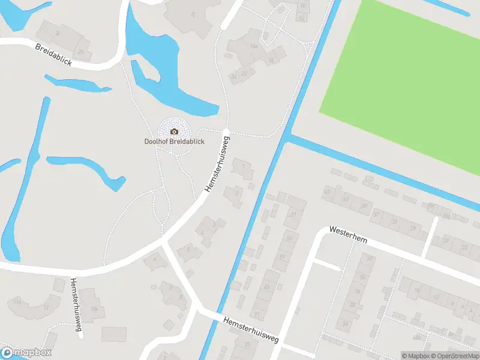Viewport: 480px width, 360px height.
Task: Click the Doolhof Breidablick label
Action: (175, 142)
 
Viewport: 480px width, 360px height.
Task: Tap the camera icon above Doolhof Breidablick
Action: (175, 131)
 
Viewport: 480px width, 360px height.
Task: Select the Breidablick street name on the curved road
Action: (53, 55)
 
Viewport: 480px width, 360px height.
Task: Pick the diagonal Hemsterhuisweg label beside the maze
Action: (217, 164)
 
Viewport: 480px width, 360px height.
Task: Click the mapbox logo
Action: (26, 353)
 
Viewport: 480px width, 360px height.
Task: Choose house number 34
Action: (346, 325)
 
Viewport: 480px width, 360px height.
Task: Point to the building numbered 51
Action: (293, 214)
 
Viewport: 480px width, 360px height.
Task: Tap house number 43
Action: (327, 192)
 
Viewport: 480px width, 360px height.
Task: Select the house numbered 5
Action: (189, 248)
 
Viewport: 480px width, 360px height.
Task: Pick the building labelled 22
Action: (244, 74)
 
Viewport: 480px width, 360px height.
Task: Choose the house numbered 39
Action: (364, 206)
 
